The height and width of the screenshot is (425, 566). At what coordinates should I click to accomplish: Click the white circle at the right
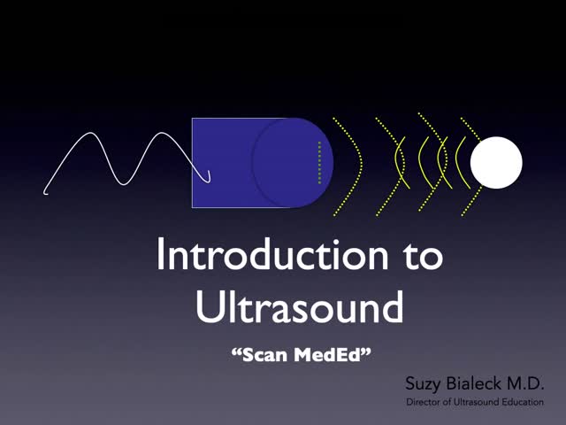(x=496, y=163)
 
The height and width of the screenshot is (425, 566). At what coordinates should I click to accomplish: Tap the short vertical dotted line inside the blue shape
(x=319, y=162)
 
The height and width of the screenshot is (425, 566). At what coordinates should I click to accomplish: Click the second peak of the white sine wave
(x=164, y=134)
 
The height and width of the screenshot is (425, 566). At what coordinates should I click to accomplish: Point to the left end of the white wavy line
(x=46, y=189)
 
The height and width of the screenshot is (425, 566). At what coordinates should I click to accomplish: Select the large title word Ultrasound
(x=299, y=307)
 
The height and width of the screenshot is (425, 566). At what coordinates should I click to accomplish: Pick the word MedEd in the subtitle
(x=335, y=355)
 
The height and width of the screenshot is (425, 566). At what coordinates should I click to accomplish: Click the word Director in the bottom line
(x=424, y=403)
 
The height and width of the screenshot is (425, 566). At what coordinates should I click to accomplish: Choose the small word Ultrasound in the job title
(x=473, y=403)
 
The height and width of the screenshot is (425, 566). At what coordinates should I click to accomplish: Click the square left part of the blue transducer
(x=221, y=162)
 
